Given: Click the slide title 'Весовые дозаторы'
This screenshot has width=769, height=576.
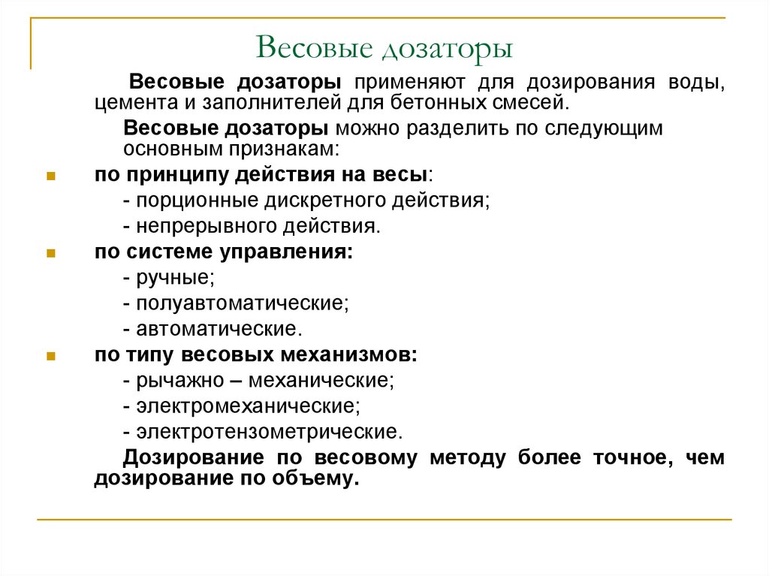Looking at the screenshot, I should tap(384, 49).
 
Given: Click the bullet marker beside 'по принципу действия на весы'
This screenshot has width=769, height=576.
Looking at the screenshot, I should tap(50, 176).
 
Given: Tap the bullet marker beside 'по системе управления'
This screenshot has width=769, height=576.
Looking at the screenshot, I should tap(50, 253).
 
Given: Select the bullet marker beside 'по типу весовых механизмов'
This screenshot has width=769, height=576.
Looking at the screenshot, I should tap(50, 356).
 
